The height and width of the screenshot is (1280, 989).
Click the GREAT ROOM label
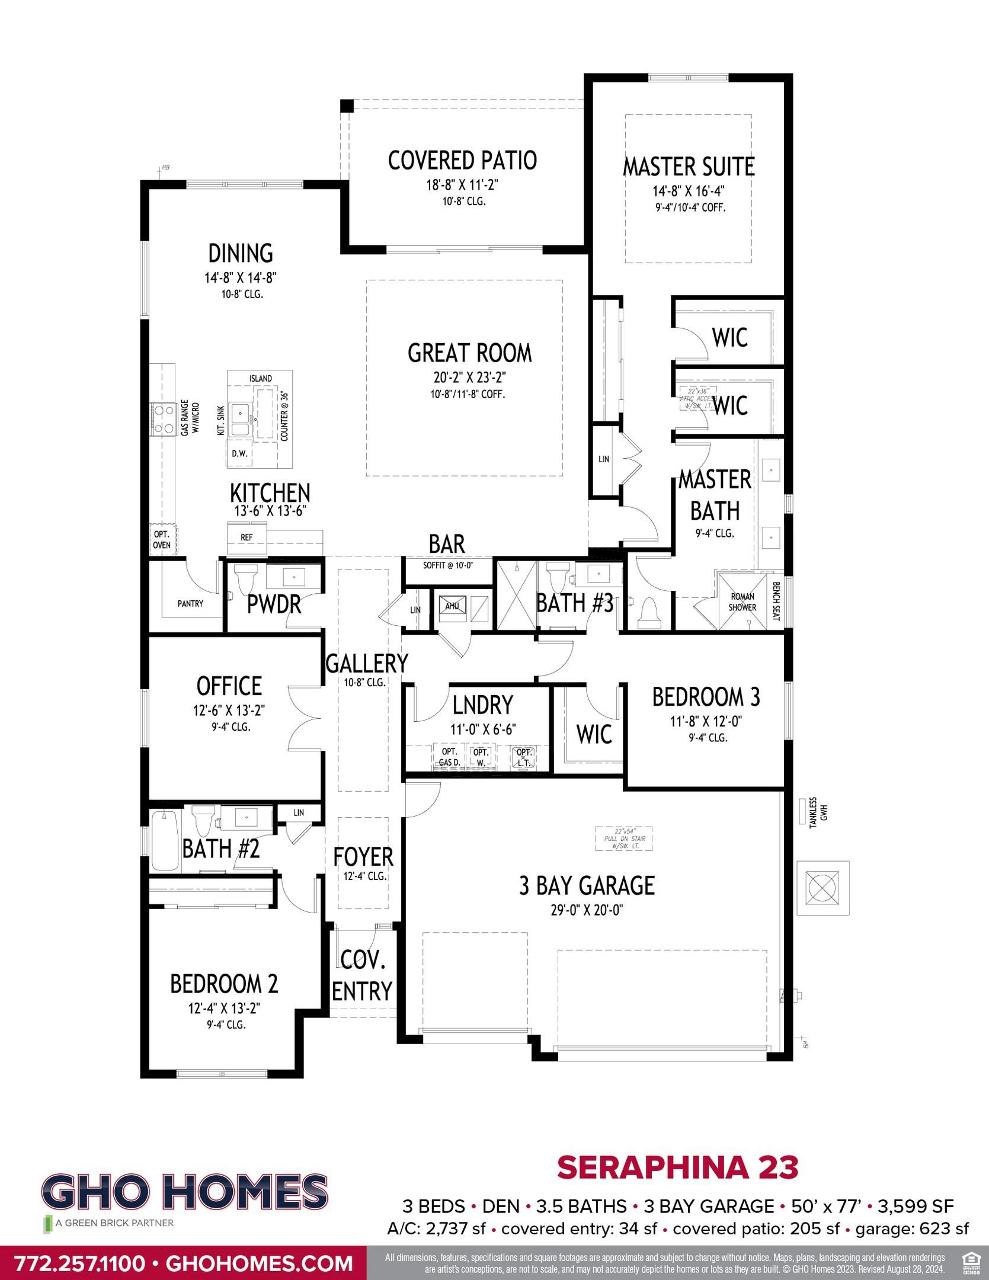click(x=469, y=353)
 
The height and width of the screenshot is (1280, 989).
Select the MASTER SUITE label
click(x=688, y=167)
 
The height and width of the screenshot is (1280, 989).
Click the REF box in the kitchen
click(x=247, y=537)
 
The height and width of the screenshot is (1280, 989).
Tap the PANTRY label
click(x=190, y=603)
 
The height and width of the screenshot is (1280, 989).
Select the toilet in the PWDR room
click(x=245, y=578)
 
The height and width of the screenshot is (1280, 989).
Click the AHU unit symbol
click(x=453, y=606)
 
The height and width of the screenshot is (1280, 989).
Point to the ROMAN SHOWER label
click(x=742, y=602)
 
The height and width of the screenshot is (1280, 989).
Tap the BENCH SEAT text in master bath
click(x=776, y=601)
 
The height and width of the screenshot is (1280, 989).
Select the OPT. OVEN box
click(x=162, y=539)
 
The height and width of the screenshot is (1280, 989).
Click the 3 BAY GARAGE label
click(x=587, y=885)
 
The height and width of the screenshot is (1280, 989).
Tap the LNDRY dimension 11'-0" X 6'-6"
click(x=483, y=729)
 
